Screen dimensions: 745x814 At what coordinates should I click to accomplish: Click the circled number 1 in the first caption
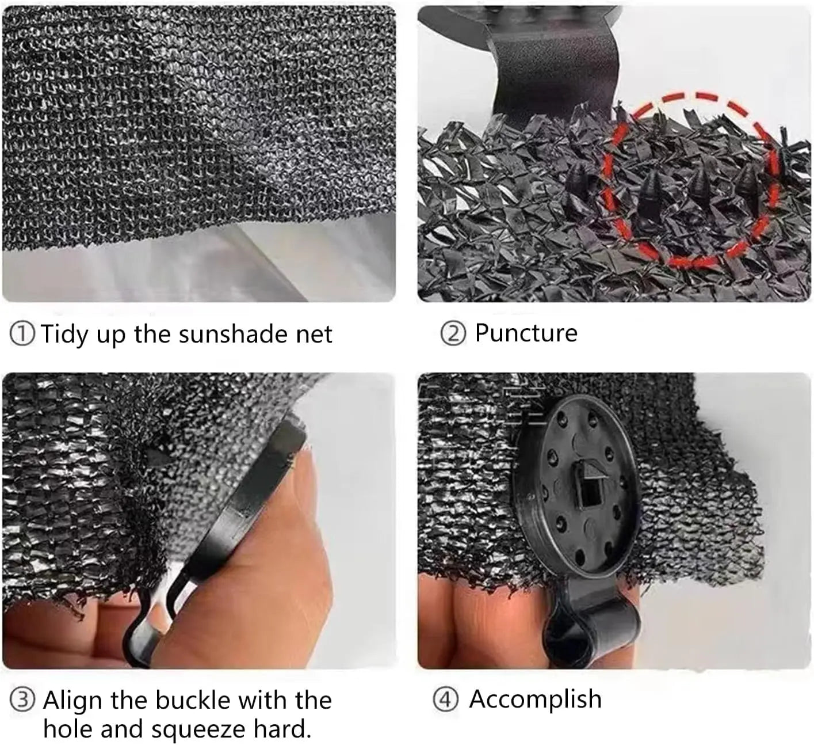(22, 335)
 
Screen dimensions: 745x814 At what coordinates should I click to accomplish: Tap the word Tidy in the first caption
(64, 335)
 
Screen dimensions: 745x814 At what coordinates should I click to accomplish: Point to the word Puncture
(526, 333)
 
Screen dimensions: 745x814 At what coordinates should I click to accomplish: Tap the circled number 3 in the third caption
(22, 701)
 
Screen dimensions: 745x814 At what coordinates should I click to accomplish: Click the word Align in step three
(73, 701)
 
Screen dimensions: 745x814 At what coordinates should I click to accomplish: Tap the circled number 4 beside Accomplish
(445, 700)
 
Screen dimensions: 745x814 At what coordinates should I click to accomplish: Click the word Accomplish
(535, 699)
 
